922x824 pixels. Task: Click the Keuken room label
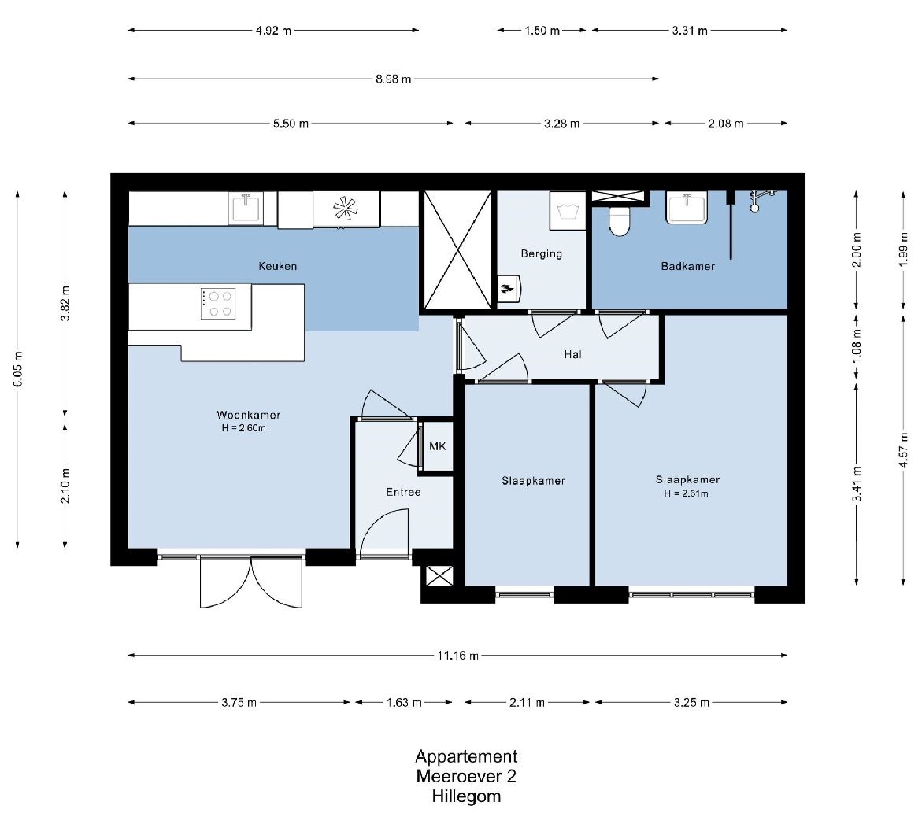(277, 266)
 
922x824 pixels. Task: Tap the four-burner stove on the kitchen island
(218, 304)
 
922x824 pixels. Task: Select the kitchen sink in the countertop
(246, 209)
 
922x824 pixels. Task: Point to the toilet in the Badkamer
(619, 220)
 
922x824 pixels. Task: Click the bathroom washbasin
(687, 209)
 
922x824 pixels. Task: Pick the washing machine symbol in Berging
(568, 211)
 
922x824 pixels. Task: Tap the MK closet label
(438, 447)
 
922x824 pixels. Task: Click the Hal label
(572, 354)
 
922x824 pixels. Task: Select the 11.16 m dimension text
(457, 656)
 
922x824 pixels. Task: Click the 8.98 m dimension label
(394, 79)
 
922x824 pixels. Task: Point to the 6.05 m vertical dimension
(17, 369)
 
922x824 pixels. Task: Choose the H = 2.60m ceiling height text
(244, 428)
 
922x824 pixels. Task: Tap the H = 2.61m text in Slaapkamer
(687, 493)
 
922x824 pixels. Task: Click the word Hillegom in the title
(466, 796)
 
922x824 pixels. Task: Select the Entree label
(403, 493)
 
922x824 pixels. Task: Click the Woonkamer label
(249, 415)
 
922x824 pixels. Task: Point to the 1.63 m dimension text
(404, 702)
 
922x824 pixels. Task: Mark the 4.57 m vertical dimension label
(904, 450)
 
